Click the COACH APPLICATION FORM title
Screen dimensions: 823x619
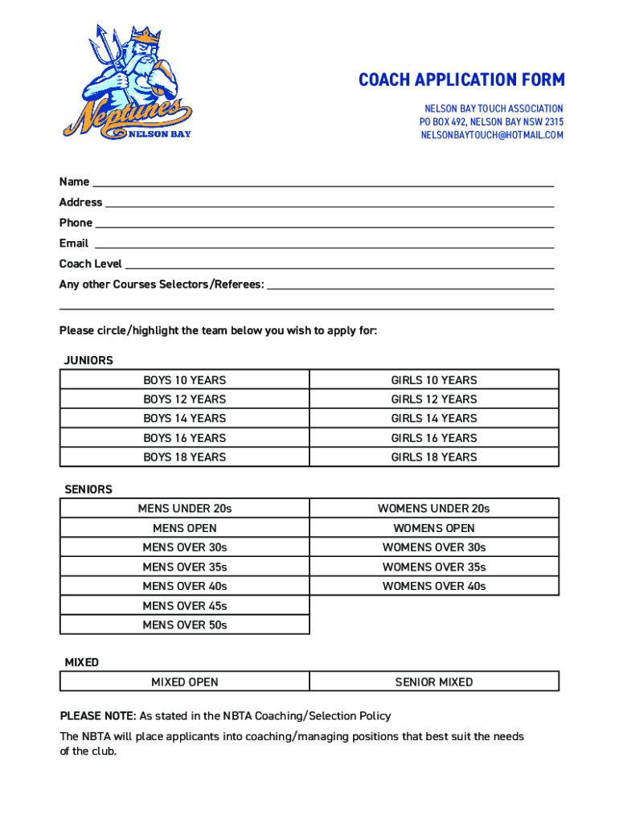(461, 80)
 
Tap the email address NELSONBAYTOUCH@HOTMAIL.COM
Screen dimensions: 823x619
(492, 135)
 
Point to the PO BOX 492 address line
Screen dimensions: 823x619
(491, 121)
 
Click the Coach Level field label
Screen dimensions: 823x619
(90, 264)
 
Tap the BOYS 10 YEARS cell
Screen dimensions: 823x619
(185, 380)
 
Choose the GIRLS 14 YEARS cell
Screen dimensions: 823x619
(434, 418)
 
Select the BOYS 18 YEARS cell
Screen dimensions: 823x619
(185, 457)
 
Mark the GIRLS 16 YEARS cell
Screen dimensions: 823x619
(434, 438)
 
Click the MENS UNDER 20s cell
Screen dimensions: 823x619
(185, 509)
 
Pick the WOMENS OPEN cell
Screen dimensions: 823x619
(434, 528)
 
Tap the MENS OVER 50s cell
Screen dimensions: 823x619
(185, 624)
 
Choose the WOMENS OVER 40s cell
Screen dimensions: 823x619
(434, 586)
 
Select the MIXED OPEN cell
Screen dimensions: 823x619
(185, 682)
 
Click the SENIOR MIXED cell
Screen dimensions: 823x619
(434, 682)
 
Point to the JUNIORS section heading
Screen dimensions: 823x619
(88, 360)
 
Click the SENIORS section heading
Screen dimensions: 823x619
(88, 489)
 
